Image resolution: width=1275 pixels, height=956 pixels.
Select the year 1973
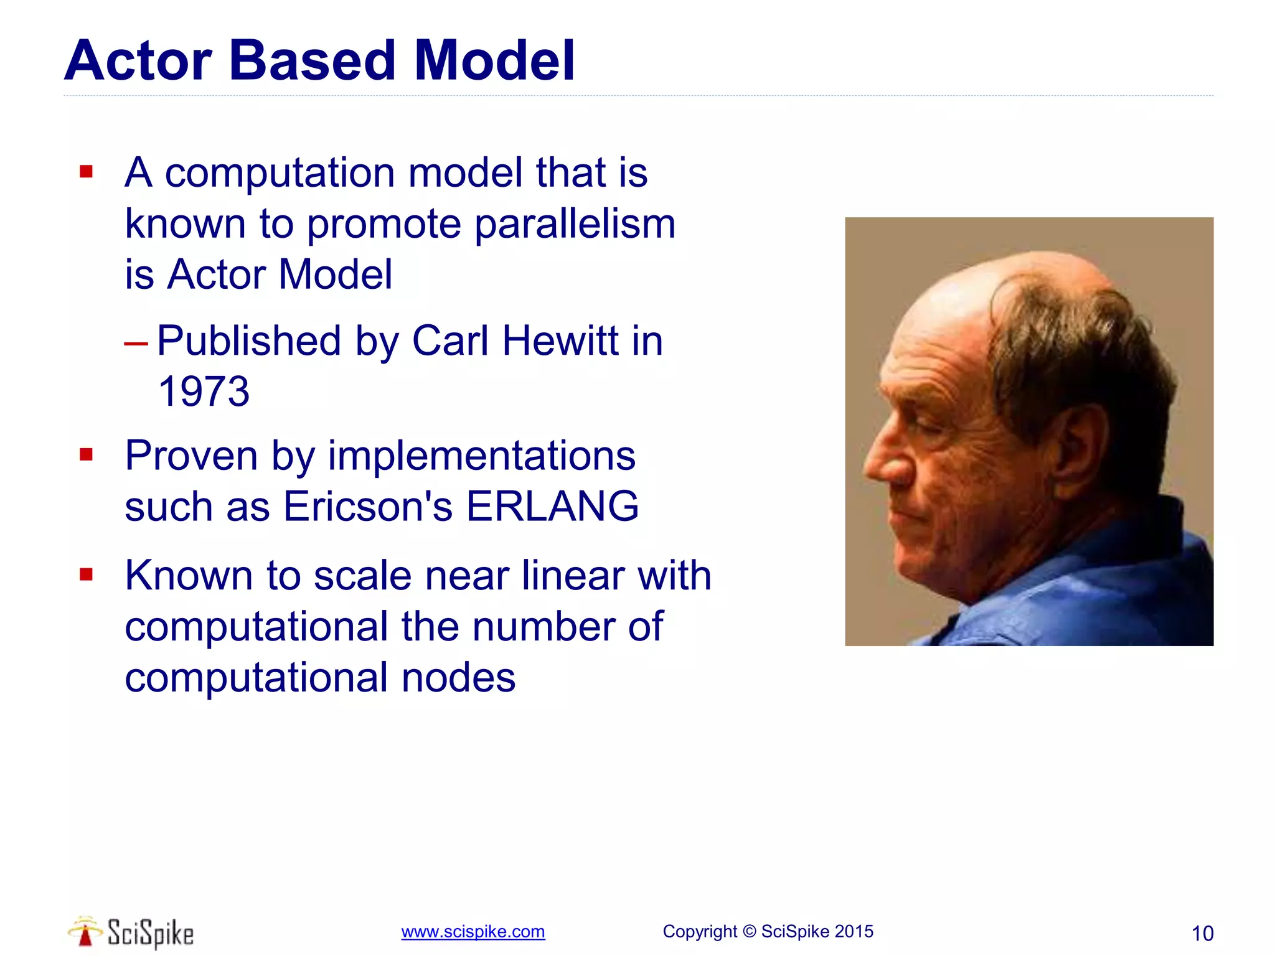[204, 391]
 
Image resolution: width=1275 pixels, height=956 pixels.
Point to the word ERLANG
[552, 505]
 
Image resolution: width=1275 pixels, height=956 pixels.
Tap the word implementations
[481, 455]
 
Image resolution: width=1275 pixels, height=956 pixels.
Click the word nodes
[458, 677]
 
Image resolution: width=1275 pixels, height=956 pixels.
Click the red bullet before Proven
[87, 454]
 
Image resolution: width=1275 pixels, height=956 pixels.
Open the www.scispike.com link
[473, 932]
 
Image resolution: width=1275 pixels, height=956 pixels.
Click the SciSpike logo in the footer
[131, 932]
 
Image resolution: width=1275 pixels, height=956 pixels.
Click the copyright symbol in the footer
[750, 931]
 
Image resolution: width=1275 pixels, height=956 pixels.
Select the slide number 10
[1202, 933]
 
